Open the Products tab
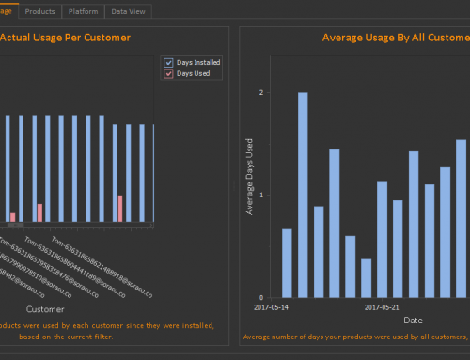point(39,11)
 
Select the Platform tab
point(83,11)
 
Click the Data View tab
point(128,11)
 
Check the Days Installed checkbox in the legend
point(169,62)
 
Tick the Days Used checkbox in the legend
point(169,73)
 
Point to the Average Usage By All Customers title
point(395,39)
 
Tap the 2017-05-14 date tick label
point(273,306)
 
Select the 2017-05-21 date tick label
point(382,306)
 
